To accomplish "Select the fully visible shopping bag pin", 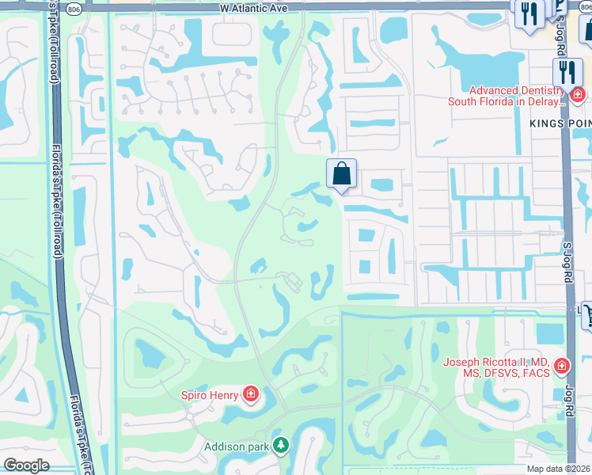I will (341, 173).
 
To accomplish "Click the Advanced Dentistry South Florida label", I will (507, 96).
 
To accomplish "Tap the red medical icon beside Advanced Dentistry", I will (578, 96).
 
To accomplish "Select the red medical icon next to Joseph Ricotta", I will (561, 367).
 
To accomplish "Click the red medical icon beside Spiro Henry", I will (251, 393).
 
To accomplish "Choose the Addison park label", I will (236, 446).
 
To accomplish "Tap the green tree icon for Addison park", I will (280, 446).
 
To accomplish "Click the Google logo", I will (26, 465).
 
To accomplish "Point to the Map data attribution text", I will (559, 469).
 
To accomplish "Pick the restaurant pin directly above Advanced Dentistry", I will (566, 73).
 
